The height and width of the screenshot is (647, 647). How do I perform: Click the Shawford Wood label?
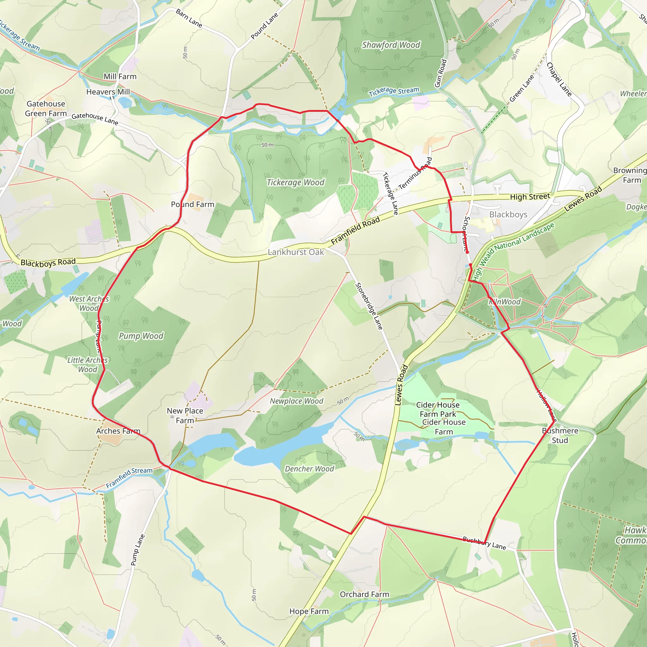[391, 45]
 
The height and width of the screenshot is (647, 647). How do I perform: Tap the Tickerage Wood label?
[295, 183]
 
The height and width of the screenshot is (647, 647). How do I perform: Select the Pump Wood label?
[141, 336]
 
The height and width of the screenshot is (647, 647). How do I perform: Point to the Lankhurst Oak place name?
[296, 252]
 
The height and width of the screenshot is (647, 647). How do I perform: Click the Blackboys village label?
[508, 214]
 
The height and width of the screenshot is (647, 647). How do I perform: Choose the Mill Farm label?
[120, 77]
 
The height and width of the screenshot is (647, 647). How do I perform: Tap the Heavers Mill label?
[108, 92]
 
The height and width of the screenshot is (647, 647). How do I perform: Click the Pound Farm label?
[193, 204]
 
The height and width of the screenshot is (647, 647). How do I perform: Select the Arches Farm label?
[118, 431]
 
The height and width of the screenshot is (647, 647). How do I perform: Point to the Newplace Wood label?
[296, 401]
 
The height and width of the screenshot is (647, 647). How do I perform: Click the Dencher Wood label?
[309, 469]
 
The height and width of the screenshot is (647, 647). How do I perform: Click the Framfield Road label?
[355, 230]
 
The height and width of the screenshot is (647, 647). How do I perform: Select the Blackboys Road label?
[48, 263]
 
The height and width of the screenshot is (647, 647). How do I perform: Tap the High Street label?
[530, 197]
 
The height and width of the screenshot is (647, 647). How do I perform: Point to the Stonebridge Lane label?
[369, 306]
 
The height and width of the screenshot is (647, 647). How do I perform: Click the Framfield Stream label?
[129, 478]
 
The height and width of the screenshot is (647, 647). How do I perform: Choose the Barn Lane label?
[189, 18]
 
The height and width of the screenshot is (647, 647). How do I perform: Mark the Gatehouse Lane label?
[95, 118]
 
